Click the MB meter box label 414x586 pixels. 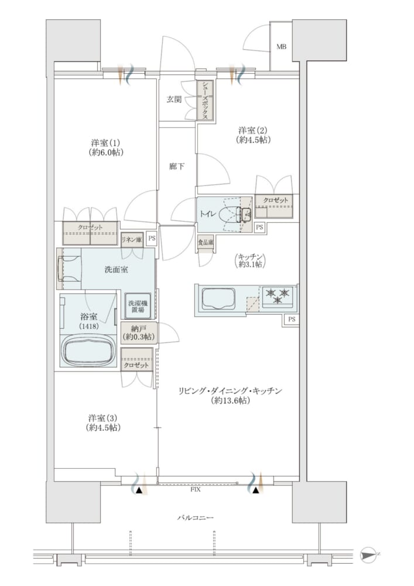pos(281,47)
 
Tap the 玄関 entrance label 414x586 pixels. pos(174,100)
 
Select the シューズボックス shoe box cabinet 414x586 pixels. pos(206,101)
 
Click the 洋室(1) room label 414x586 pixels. pos(106,148)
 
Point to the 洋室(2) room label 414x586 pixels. pos(253,135)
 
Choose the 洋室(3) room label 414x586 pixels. pos(103,423)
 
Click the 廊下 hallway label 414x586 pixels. pos(177,166)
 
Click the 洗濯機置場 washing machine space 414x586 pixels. pos(138,306)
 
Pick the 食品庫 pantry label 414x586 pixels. pos(206,243)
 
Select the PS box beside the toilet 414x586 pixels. pos(259,227)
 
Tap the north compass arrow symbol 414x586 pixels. pos(371,554)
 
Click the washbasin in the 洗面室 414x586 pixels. pos(69,268)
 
